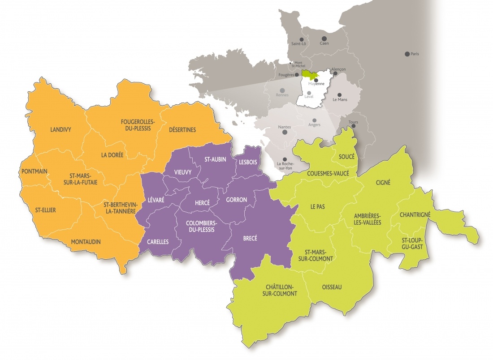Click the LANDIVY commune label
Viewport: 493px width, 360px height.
(x=61, y=130)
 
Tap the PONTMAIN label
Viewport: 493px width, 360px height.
(x=34, y=171)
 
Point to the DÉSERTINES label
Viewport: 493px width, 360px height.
(x=182, y=130)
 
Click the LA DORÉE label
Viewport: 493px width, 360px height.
(x=112, y=155)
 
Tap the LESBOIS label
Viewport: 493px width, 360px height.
(x=248, y=162)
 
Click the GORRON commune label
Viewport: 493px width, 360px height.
(x=237, y=200)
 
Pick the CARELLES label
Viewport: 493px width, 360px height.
(x=158, y=242)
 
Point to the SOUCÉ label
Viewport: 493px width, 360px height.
(x=347, y=157)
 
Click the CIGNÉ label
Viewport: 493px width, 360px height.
(x=383, y=182)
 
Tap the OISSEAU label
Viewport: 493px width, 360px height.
(x=332, y=287)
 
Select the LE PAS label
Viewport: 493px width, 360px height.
(x=317, y=206)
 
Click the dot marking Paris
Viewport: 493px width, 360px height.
(x=407, y=54)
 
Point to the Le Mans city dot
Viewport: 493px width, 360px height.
(x=339, y=94)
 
